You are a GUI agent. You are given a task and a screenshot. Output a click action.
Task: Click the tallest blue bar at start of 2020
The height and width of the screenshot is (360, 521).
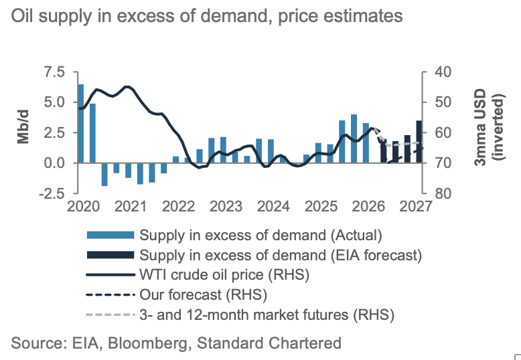pos(81,123)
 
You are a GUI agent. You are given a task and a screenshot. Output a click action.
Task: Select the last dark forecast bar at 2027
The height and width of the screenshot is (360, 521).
pos(419,141)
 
